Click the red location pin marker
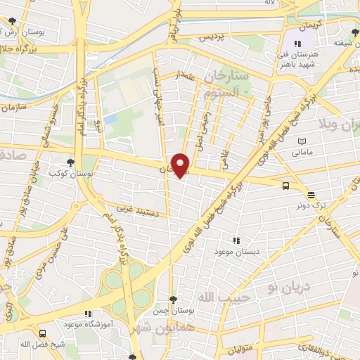181,165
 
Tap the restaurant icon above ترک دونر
311,195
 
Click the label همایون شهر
154,328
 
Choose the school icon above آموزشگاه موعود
88,314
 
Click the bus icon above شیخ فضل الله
44,333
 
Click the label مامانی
301,150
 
